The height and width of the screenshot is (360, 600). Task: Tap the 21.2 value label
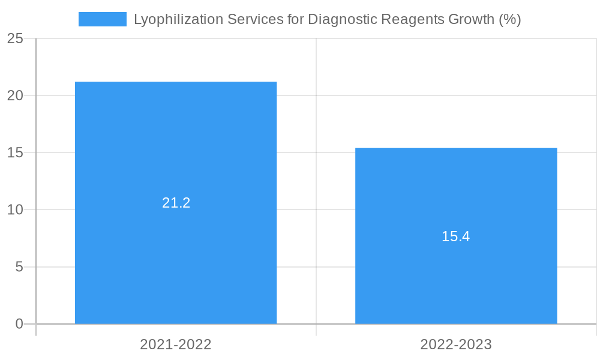176,203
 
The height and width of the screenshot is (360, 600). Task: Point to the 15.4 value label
456,236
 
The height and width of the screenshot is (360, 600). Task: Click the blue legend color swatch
103,19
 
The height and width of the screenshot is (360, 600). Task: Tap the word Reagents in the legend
412,19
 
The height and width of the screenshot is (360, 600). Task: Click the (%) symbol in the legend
510,19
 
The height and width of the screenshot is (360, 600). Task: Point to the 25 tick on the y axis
15,39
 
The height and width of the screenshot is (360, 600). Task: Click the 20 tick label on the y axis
15,96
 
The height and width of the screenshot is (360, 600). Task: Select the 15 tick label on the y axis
15,153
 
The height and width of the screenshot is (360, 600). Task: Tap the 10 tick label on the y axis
15,210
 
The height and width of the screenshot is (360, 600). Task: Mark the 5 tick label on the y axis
19,267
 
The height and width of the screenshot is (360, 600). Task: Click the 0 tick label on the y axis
19,324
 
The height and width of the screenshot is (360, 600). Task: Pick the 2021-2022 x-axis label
176,344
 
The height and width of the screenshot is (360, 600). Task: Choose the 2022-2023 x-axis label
456,344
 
